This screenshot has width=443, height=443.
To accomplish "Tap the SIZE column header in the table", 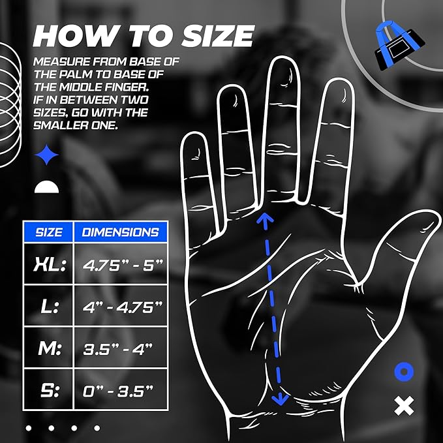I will point(50,232).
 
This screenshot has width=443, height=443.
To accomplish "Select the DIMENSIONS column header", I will point(121,232).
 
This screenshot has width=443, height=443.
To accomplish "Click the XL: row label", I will point(49,264).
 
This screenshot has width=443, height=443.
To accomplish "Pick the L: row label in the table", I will point(49,306).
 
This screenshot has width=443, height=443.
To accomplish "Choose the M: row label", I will point(49,348).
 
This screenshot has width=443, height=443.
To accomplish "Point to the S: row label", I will point(49,391).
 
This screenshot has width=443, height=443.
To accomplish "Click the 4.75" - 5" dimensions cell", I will point(121,265).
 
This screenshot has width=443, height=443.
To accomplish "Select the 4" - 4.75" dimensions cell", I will point(121,307).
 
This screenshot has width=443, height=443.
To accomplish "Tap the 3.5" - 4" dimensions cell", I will point(121,349).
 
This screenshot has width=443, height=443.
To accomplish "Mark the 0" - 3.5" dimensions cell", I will point(121,391).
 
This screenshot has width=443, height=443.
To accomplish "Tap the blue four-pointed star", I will point(46,155).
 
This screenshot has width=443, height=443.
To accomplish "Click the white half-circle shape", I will point(46,187).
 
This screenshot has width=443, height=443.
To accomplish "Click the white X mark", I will point(405,406).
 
